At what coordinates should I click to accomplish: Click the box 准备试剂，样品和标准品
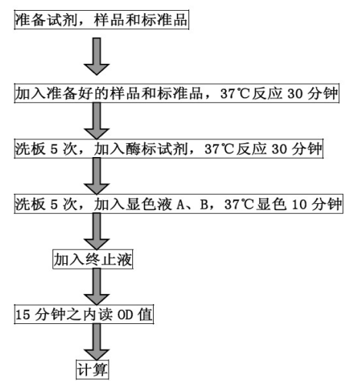tap(102, 20)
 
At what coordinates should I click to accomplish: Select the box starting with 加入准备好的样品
tap(177, 93)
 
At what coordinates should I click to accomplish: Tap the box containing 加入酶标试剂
tap(168, 149)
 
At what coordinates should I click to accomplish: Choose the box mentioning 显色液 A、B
tap(178, 204)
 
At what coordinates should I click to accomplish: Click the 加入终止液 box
tap(93, 259)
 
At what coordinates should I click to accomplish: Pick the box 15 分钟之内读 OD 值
tap(84, 314)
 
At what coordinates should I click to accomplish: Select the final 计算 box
tap(92, 369)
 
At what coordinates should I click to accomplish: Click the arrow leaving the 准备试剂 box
tap(97, 56)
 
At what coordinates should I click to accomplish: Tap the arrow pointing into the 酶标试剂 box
tap(97, 121)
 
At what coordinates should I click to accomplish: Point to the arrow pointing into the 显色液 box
tap(97, 176)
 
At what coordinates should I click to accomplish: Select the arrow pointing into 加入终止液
tap(97, 232)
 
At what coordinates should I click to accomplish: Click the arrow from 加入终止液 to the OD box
tap(97, 286)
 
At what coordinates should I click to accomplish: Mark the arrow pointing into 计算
tap(97, 342)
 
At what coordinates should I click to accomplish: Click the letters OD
tap(125, 315)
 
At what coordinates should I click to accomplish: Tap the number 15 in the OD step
tap(23, 315)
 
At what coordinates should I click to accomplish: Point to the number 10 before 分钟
tap(299, 205)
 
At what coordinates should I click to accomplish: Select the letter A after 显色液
tap(181, 205)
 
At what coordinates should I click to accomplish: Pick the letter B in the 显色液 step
tap(205, 205)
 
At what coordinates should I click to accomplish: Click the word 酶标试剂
tap(157, 149)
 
